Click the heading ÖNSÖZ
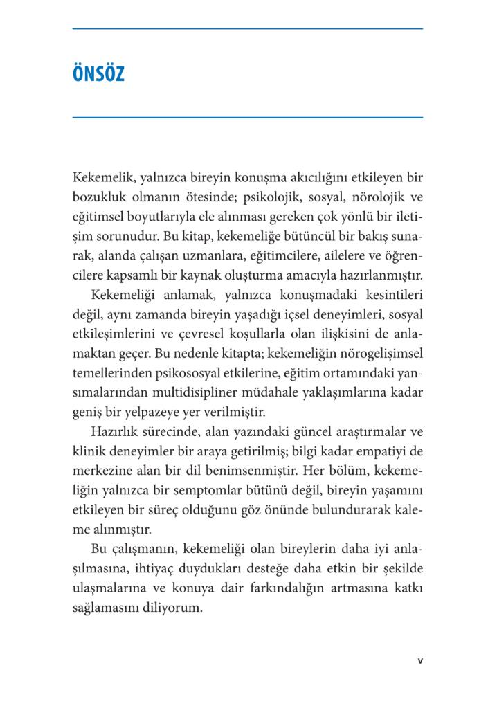point(98,74)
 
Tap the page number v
point(419,660)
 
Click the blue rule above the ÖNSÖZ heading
point(248,28)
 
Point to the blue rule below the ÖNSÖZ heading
point(248,118)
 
